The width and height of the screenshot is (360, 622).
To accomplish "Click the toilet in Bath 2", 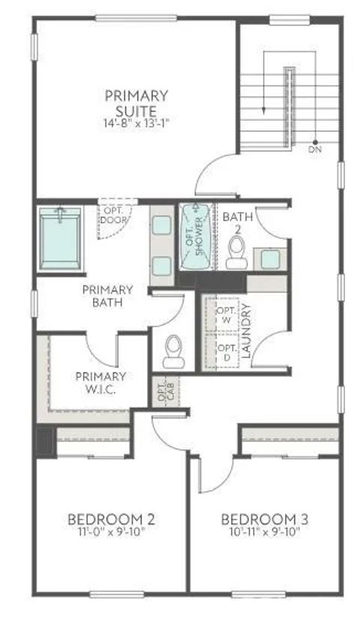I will pos(235,253).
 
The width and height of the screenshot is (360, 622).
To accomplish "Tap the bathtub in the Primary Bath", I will pos(59,238).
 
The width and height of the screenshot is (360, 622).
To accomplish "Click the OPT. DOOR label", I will pos(114,216).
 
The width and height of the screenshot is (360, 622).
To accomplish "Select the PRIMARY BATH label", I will pos(108,296).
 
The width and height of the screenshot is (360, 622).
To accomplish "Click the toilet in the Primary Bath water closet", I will pos(173,350).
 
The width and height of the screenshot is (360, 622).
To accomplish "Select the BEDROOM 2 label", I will pos(111,519).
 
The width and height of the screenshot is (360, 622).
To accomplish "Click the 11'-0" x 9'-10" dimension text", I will pos(111,532).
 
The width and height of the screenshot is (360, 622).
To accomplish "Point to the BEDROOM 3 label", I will pos(265,519).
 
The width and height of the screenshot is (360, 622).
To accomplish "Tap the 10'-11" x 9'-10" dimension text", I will pos(265,532).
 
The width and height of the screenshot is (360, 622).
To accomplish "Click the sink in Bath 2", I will pos(271,258).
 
